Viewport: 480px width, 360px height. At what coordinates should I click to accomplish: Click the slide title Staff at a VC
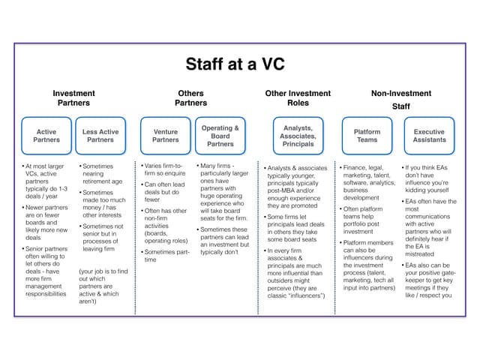coord(236,64)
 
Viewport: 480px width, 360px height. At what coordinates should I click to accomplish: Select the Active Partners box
coord(46,136)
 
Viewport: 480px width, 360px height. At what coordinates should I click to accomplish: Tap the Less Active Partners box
coord(100,136)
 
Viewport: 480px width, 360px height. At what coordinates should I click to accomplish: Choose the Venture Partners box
coord(166,136)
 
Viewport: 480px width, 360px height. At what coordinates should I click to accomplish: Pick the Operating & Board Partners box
coord(220,136)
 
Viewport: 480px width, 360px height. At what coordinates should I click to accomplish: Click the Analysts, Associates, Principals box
coord(298,136)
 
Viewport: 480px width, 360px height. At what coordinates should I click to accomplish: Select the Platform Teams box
coord(367,136)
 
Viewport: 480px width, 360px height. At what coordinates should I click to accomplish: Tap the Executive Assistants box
coord(429,136)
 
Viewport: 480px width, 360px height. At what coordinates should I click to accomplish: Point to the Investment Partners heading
coord(73,98)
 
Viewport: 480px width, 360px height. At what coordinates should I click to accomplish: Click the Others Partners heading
coord(191,98)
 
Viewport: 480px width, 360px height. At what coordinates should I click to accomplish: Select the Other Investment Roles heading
coord(298,98)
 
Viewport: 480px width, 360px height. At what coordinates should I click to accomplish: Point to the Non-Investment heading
coord(401,94)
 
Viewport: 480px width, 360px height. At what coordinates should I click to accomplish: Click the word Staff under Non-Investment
coord(401,106)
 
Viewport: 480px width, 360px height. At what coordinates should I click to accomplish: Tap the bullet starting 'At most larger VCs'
coord(45,181)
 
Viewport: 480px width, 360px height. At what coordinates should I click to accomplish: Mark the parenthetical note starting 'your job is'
coord(102,284)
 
